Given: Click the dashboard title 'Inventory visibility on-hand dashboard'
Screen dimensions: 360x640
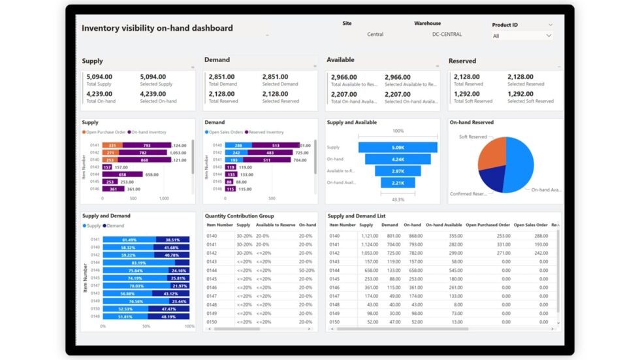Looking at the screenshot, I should click(x=157, y=28).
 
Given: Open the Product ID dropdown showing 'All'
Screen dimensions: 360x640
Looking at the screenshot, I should click(x=522, y=36).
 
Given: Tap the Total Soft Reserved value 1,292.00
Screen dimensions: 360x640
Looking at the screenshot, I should click(x=467, y=93).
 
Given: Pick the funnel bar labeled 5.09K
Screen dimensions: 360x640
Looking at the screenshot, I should click(x=398, y=148).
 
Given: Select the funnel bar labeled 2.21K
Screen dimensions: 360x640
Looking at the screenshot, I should click(x=398, y=183).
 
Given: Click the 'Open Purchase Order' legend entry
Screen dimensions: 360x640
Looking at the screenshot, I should click(x=104, y=132).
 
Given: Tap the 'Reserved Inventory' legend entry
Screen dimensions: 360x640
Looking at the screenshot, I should click(x=264, y=132).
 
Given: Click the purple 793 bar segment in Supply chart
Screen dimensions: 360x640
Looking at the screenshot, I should click(x=146, y=145).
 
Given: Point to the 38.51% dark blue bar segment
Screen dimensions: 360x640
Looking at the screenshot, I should click(x=172, y=240).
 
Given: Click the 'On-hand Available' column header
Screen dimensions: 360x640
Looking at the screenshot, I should click(x=444, y=225).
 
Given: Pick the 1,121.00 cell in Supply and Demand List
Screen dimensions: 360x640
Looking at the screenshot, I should click(x=369, y=235).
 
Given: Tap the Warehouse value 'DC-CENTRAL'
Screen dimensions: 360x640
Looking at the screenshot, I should click(x=447, y=35).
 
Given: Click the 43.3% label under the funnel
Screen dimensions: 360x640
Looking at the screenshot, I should click(x=398, y=199).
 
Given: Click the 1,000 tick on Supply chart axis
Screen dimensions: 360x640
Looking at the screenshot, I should click(x=163, y=198).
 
